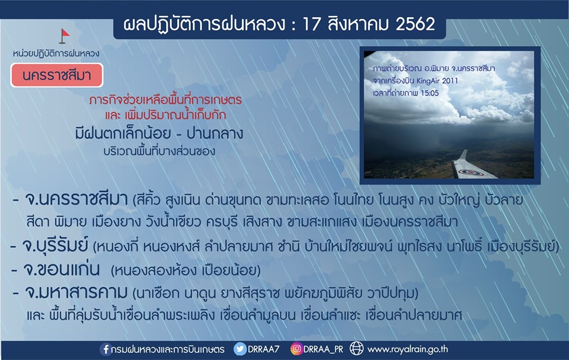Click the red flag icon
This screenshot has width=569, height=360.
coord(64,36)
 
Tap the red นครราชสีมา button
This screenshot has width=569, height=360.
coord(57,75)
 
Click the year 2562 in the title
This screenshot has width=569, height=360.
coord(415,24)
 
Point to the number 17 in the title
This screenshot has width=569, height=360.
coord(311,24)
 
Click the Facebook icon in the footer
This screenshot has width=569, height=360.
coord(106,349)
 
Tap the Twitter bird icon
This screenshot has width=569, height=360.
coord(240,349)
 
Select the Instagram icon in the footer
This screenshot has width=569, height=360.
coord(296,349)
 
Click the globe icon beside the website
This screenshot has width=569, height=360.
coord(356,349)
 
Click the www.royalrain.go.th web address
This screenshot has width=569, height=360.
coord(408,349)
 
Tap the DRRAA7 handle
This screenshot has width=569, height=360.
coord(263,349)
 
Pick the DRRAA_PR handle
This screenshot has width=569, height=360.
coord(323,349)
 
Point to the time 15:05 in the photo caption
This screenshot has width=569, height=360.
coord(430,93)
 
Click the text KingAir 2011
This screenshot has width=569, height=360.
coord(437,81)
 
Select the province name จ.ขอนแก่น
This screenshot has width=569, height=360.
coord(61,269)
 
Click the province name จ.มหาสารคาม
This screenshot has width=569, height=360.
coord(76,292)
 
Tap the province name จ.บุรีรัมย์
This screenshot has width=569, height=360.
coord(55,246)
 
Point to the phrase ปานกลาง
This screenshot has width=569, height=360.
coord(215,133)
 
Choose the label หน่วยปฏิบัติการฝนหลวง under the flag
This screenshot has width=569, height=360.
coord(56,53)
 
